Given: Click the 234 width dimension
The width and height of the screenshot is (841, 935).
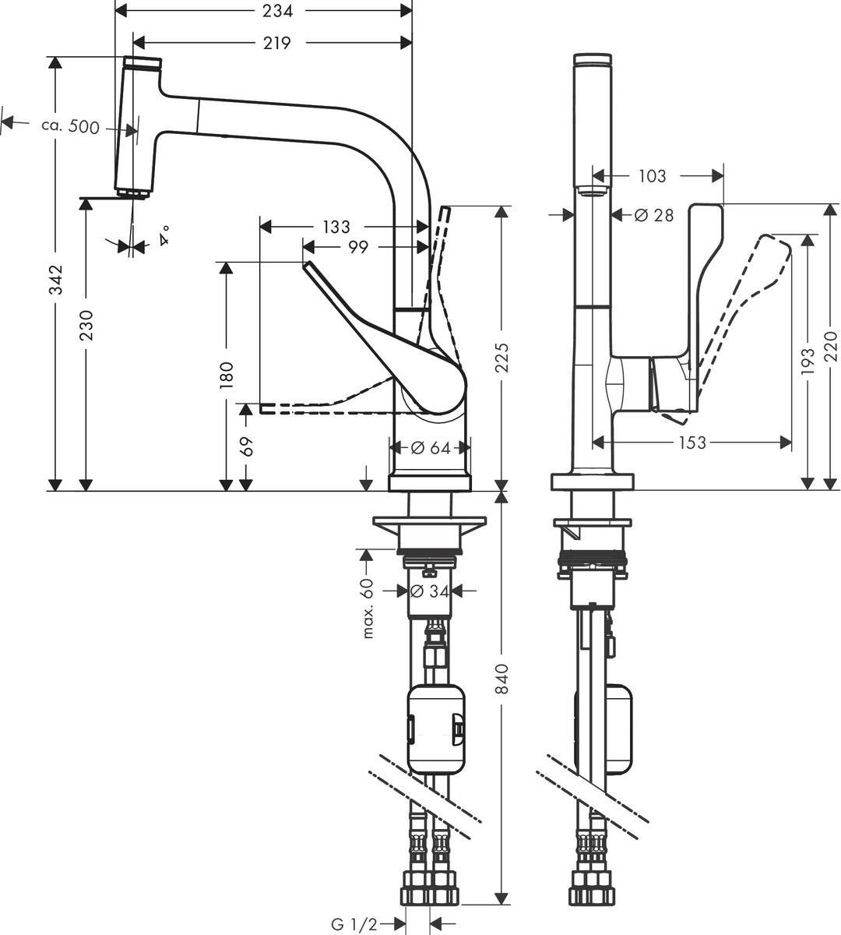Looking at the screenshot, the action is pos(277,11).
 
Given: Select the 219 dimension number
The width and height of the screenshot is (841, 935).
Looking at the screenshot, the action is pos(276,43).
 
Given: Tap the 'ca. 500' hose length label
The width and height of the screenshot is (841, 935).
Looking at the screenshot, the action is pos(70,126).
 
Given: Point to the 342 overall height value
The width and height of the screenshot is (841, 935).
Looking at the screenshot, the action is pos(56,279).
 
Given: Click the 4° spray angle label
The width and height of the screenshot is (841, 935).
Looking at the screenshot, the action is pos(164,235).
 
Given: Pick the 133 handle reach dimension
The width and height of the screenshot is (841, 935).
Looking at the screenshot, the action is pos(336,227).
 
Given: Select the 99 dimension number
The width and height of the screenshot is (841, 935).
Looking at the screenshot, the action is pos(358,247).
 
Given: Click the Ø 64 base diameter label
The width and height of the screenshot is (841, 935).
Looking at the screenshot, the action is pos(431,448).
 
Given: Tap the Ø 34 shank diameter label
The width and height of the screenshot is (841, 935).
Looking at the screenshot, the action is pos(429,591).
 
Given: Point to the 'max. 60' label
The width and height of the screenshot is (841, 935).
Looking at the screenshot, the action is pos(368,608).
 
